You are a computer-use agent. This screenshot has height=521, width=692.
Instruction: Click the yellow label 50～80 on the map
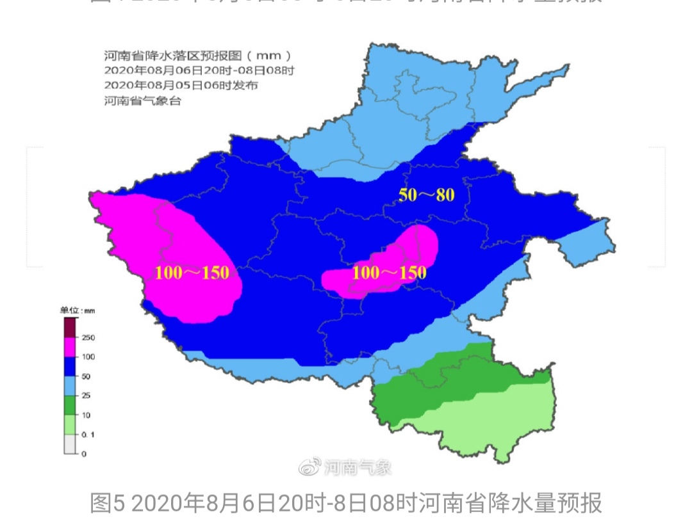pos(426,195)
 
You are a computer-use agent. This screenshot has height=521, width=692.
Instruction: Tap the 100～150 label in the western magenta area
pos(192,273)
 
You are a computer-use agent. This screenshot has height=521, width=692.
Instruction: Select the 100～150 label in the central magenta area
pos(390,273)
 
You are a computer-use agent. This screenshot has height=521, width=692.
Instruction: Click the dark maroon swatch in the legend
pos(70,328)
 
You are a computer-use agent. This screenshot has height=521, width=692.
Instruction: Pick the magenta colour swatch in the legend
pos(70,347)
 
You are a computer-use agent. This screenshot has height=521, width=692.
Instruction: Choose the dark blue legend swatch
pos(70,367)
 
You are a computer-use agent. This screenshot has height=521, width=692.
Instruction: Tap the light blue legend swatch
pos(70,386)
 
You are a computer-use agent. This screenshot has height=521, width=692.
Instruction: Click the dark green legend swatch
pos(70,405)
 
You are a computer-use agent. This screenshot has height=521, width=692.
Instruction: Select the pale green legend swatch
pos(70,424)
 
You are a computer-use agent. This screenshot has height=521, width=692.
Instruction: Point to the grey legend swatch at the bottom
pos(70,444)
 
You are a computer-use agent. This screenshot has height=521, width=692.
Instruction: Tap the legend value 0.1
pos(88,435)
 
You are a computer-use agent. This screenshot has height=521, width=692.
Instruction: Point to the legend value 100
pos(88,357)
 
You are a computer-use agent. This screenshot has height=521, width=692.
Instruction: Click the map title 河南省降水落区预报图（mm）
pos(199,56)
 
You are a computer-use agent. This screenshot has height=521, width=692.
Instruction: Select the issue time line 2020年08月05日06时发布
pos(181,85)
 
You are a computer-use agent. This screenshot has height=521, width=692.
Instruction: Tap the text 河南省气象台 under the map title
pos(142,100)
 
